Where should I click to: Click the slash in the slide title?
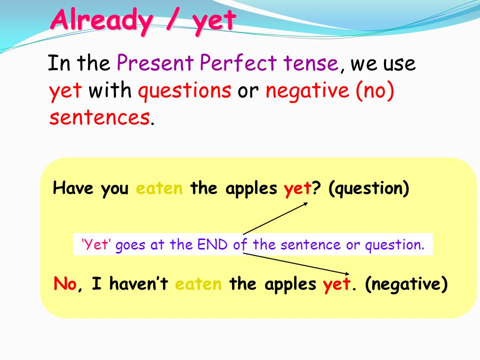pyautogui.click(x=172, y=19)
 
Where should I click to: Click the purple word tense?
pyautogui.click(x=310, y=63)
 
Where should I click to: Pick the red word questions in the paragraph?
pyautogui.click(x=184, y=91)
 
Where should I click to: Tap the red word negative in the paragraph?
pyautogui.click(x=307, y=91)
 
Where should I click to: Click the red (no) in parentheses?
pyautogui.click(x=374, y=90)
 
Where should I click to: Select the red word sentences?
pyautogui.click(x=99, y=117)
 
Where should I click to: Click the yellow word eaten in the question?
pyautogui.click(x=159, y=188)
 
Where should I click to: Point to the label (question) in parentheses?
pyautogui.click(x=368, y=188)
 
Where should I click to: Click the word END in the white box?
pyautogui.click(x=212, y=244)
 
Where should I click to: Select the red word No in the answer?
pyautogui.click(x=65, y=283)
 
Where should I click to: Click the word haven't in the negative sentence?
pyautogui.click(x=138, y=283)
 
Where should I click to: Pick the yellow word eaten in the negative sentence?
pyautogui.click(x=198, y=284)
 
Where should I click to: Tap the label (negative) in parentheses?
pyautogui.click(x=406, y=284)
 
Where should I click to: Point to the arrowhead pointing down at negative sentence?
pyautogui.click(x=346, y=273)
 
